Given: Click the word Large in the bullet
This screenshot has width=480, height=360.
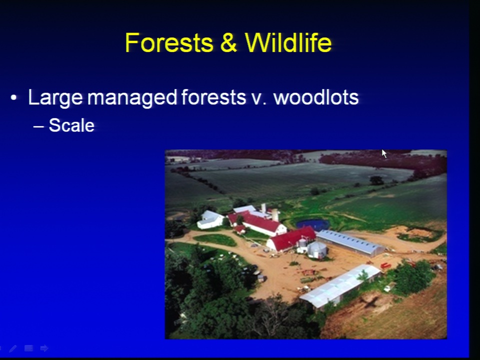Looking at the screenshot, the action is [x=55, y=98].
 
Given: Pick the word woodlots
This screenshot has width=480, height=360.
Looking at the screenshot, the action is [x=316, y=97].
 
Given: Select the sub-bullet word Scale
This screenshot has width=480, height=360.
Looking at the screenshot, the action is [x=71, y=125].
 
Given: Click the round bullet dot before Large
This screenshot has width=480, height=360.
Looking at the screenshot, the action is [x=13, y=98].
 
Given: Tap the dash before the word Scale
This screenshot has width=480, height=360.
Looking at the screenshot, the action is [x=38, y=126].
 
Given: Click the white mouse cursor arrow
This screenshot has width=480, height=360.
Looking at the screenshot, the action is [x=384, y=153].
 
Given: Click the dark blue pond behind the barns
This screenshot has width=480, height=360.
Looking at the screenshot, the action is [x=312, y=224].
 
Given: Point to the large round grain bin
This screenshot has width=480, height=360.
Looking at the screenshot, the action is [x=317, y=249].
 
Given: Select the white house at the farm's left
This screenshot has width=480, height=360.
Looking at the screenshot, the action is [x=210, y=220].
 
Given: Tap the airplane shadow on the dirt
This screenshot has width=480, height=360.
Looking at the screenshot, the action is [x=370, y=302].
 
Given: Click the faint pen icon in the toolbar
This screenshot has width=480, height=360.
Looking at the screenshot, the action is [x=13, y=348].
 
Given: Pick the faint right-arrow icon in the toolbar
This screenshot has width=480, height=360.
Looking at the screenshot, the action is [x=44, y=348].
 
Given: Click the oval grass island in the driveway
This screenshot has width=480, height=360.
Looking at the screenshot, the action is [x=215, y=239].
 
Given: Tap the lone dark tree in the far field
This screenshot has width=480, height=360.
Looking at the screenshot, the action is [x=376, y=180].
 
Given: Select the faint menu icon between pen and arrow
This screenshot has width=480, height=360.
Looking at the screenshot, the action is [x=29, y=348].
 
